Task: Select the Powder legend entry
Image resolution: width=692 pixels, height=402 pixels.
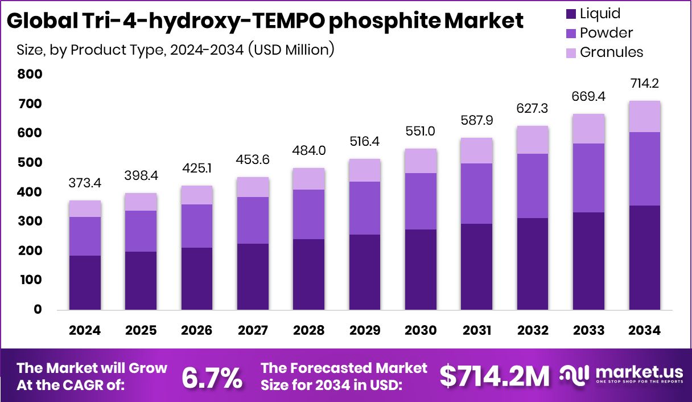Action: (606, 33)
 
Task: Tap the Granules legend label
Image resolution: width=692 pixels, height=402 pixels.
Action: (611, 52)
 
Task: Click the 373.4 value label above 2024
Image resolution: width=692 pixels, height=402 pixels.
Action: (85, 183)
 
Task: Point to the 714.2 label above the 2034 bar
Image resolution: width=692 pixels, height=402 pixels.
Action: (644, 83)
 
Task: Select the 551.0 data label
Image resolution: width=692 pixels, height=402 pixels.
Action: (421, 131)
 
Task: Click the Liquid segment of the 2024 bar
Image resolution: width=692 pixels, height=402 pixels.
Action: (85, 282)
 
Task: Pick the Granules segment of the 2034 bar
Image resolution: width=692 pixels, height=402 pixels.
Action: (644, 116)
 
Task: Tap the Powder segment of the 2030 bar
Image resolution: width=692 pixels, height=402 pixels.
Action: (421, 201)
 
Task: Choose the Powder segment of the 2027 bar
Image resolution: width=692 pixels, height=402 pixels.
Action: (253, 220)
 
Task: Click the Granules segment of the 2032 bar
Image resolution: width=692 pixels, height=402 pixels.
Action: (533, 140)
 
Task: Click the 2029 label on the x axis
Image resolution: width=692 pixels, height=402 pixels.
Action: (365, 331)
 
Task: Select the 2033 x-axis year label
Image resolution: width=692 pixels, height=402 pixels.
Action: (588, 331)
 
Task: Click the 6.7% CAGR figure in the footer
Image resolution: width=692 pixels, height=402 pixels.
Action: (212, 377)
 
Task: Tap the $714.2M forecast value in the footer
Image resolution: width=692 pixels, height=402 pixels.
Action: (495, 376)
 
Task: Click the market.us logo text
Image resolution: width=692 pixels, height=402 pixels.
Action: (639, 372)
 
